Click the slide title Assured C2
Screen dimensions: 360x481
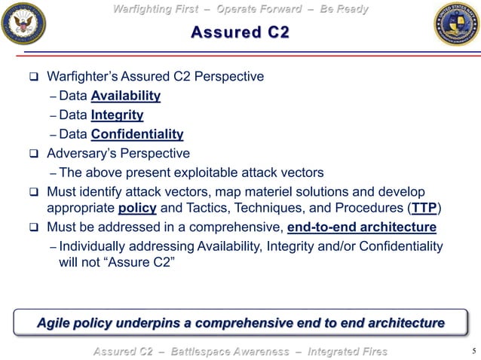point(240,32)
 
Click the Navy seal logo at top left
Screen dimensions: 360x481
point(24,23)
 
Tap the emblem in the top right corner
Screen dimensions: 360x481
point(456,23)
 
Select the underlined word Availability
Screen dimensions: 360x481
point(125,96)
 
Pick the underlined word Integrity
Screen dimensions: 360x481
point(117,115)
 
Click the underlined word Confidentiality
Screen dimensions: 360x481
point(137,135)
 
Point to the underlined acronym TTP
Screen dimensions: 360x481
point(425,208)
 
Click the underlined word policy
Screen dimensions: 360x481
point(136,208)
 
